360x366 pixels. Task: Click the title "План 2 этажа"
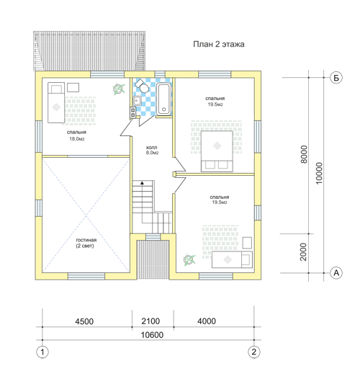[219, 45]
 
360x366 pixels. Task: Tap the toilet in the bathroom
[142, 86]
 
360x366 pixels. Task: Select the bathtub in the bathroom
[164, 99]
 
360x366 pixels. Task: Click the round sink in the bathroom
[137, 101]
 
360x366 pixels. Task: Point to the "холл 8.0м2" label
[152, 150]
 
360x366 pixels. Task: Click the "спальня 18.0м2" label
[77, 135]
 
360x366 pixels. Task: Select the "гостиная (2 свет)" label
[86, 243]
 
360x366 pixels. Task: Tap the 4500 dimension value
[84, 321]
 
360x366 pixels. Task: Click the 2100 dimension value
[150, 321]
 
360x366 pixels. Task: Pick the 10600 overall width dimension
[152, 335]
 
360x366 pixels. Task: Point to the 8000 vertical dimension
[304, 154]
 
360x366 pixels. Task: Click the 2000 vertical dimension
[304, 252]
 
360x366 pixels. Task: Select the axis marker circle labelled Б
[336, 78]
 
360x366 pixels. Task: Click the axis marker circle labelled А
[336, 273]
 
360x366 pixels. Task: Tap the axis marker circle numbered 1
[42, 352]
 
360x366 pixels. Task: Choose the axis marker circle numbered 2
[254, 352]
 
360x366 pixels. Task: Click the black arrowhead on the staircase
[143, 183]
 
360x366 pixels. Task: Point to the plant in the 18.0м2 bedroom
[119, 89]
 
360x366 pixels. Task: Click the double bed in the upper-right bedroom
[217, 151]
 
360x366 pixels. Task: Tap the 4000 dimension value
[207, 321]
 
